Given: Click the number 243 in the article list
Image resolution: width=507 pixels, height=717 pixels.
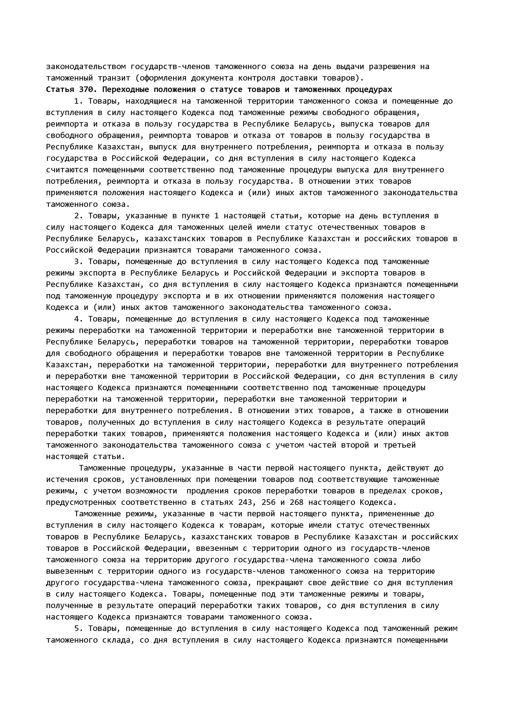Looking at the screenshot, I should tap(245, 502).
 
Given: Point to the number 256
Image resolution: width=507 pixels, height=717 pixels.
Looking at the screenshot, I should tap(269, 502).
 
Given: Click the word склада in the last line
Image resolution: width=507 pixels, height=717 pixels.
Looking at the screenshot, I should tap(116, 640).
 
